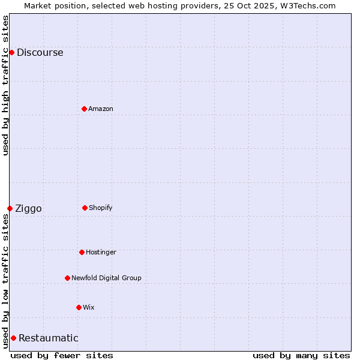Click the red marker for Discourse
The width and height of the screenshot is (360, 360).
(x=11, y=52)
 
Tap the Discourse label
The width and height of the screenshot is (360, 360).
(x=40, y=53)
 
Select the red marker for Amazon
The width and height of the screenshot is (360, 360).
(x=84, y=109)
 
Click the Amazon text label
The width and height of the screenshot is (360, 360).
(x=101, y=109)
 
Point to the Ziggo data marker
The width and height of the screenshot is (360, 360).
(x=10, y=208)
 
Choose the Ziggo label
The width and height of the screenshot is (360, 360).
(x=28, y=209)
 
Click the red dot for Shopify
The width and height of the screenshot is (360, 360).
(x=85, y=208)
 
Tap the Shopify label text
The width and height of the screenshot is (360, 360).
(x=101, y=208)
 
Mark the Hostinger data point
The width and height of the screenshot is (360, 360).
(x=82, y=252)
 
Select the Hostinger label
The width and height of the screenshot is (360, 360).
(x=101, y=252)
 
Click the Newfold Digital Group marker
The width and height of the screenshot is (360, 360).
(x=67, y=278)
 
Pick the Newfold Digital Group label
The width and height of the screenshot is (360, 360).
(x=106, y=278)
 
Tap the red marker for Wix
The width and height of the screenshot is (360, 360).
(x=79, y=307)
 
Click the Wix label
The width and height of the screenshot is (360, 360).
(x=89, y=307)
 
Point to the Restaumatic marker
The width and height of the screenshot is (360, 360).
(x=13, y=338)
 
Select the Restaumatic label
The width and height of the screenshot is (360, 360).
(x=49, y=338)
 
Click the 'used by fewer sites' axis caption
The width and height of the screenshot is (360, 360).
(x=62, y=355)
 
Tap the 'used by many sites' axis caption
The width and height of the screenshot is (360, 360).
(x=301, y=355)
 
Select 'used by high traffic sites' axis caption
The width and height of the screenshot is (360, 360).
(x=5, y=85)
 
